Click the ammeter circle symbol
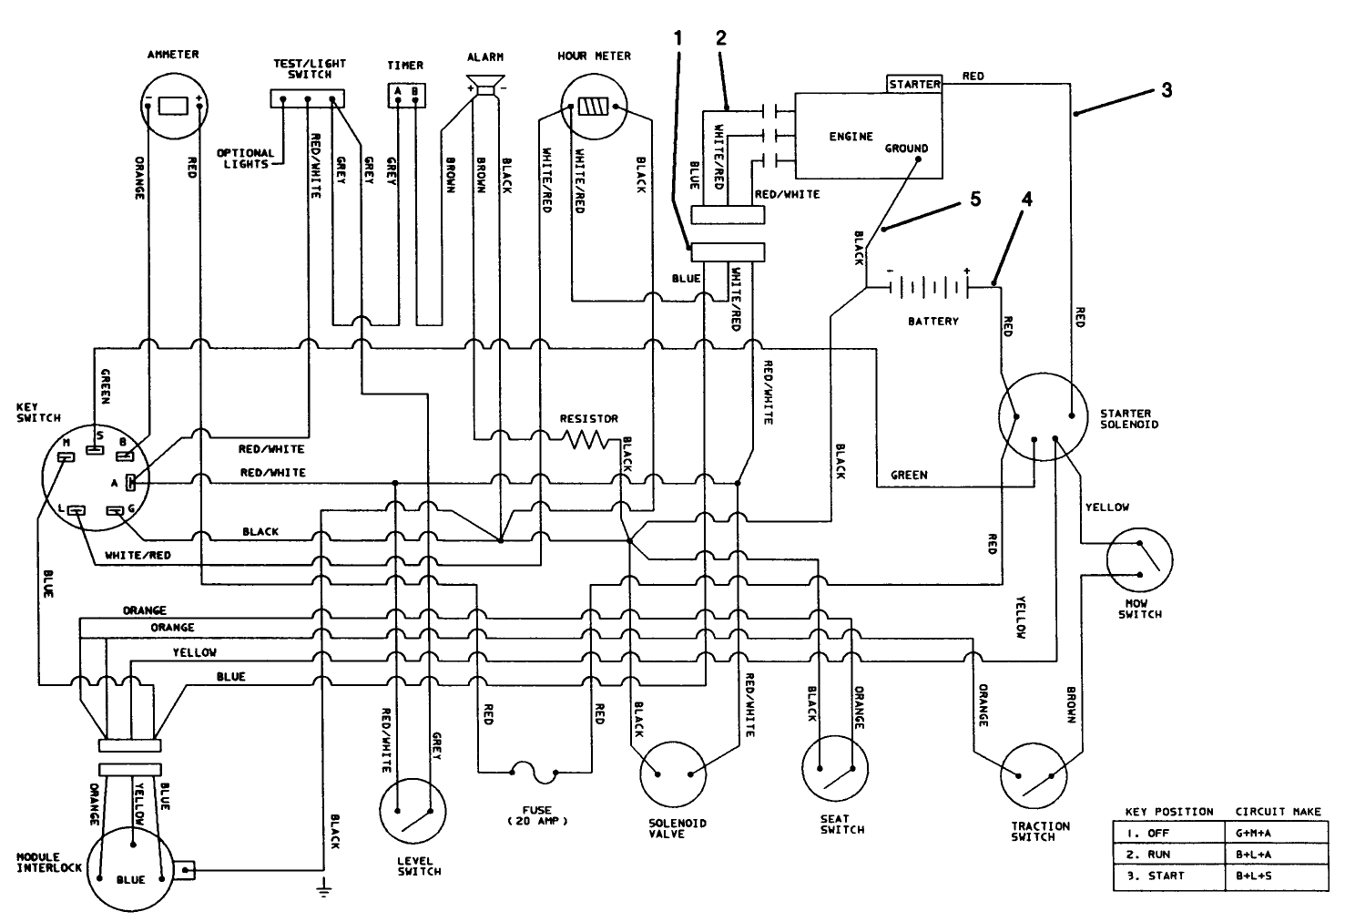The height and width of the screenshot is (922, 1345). coord(173,106)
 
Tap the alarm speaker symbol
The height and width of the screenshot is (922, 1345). coord(487,86)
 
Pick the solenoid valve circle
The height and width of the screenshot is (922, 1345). coord(674,774)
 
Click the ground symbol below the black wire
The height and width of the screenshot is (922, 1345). coord(323,890)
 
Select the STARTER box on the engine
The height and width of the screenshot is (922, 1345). coord(914,84)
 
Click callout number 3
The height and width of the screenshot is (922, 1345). coord(1166,90)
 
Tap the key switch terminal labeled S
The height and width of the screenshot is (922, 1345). coord(95,447)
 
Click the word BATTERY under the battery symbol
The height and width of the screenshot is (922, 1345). coord(933,322)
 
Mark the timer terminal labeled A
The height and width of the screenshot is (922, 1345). coord(397,92)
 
